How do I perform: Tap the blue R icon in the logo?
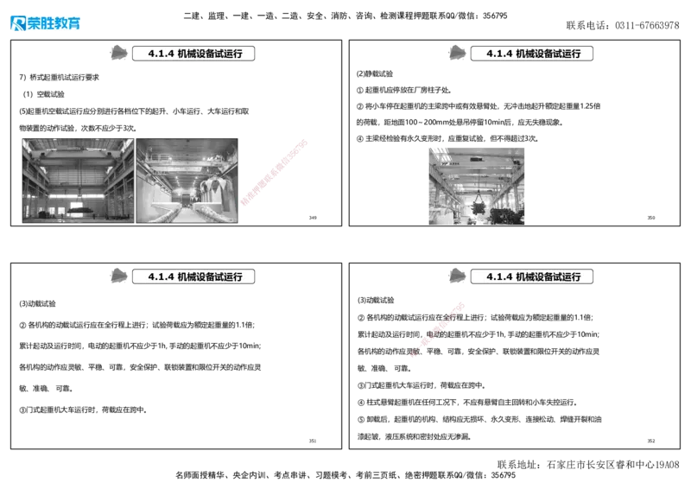point(17,23)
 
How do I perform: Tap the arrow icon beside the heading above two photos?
point(117,53)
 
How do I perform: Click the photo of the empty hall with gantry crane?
point(78,181)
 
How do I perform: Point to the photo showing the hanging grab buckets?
point(188,181)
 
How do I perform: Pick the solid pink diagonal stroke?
point(275,172)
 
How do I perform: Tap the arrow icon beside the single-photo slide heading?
point(456,53)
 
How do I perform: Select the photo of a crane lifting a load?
point(476,186)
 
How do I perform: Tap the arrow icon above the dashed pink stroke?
point(456,276)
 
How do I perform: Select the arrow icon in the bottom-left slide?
point(117,276)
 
